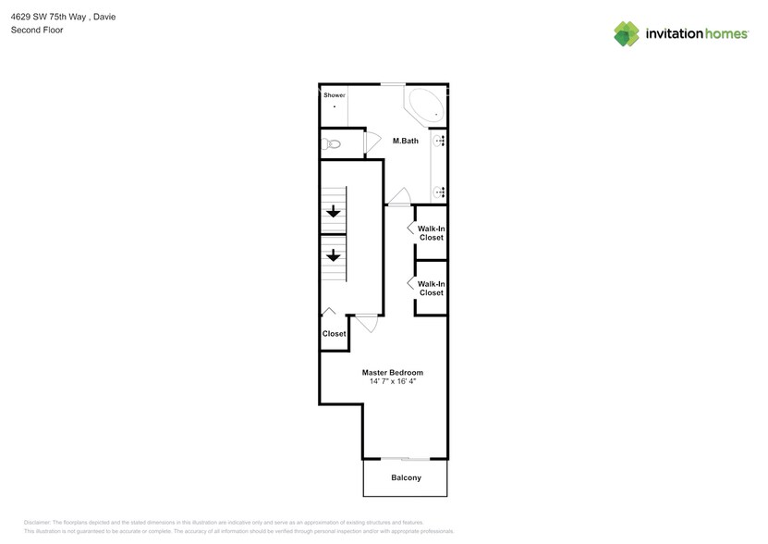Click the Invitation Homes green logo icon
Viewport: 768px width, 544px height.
pos(627,34)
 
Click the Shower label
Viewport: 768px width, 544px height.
pos(334,95)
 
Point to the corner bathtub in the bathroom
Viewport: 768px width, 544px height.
pos(425,105)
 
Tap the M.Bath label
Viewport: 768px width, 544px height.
pos(406,142)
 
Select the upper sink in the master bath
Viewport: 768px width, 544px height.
pos(441,141)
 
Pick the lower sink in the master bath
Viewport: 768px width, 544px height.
pos(441,192)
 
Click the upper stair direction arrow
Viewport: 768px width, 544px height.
pos(332,212)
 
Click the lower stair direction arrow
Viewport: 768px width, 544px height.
pos(332,255)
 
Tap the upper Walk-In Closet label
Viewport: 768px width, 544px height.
pos(431,232)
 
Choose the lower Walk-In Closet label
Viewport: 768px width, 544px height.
pos(431,288)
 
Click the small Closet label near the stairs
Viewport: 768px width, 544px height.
pos(334,334)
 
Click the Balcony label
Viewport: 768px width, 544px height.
pos(406,478)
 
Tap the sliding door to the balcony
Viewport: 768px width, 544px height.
pos(406,458)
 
